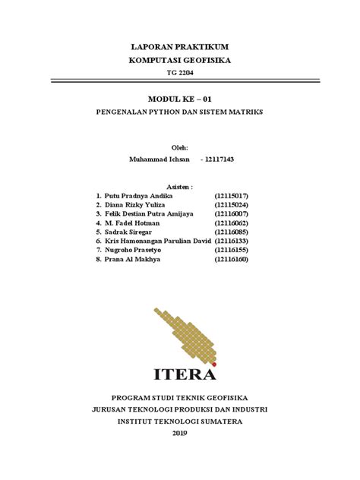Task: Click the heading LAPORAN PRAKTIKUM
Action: pyautogui.click(x=179, y=47)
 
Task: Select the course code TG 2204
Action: pyautogui.click(x=179, y=73)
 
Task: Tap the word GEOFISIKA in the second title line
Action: pyautogui.click(x=207, y=60)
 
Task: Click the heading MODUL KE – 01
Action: pyautogui.click(x=179, y=99)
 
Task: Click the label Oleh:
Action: pyautogui.click(x=179, y=147)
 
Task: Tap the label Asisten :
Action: pyautogui.click(x=179, y=185)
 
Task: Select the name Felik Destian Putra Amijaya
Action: pyautogui.click(x=149, y=214)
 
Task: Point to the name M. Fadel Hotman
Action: pyautogui.click(x=131, y=224)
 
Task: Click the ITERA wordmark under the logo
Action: pyautogui.click(x=185, y=373)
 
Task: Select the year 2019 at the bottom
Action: pyautogui.click(x=179, y=434)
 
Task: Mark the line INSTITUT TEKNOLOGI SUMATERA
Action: pyautogui.click(x=179, y=421)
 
